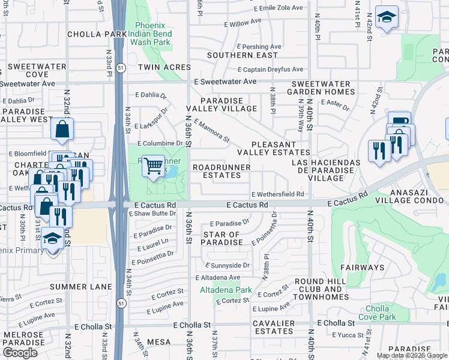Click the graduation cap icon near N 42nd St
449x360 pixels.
click(x=387, y=17)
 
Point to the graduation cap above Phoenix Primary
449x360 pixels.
click(x=53, y=239)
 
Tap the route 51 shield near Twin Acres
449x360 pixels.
click(x=121, y=67)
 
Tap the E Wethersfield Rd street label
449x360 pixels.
click(x=277, y=194)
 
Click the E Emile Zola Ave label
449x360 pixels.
click(x=279, y=9)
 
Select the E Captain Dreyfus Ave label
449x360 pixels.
click(x=270, y=70)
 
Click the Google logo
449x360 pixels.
click(x=20, y=353)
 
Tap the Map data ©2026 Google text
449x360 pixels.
click(x=412, y=355)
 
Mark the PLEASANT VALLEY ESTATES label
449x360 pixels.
click(x=273, y=149)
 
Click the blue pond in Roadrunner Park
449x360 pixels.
click(x=173, y=171)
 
